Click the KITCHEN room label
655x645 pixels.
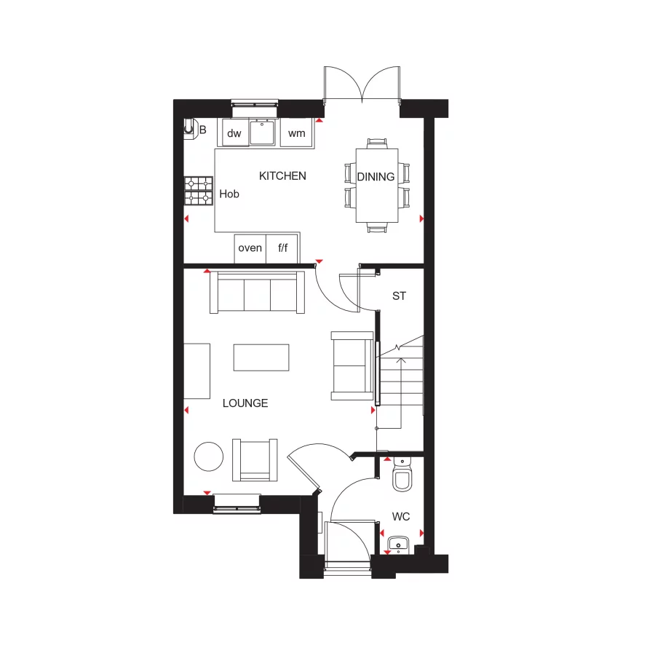[283, 175]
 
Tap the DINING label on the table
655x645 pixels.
[376, 176]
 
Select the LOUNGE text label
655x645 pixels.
[245, 403]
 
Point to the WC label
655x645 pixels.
[401, 517]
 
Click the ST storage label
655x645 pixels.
[399, 296]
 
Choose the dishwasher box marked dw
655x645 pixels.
[234, 133]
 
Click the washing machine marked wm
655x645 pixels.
[296, 133]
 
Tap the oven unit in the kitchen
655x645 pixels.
[250, 248]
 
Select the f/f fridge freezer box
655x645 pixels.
[282, 248]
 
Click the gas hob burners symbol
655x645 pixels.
[197, 191]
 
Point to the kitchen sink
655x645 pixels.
[263, 132]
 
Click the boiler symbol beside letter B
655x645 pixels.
[190, 128]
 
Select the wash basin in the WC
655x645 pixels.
[397, 543]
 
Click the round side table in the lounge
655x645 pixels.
[209, 456]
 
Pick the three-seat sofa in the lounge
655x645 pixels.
[257, 293]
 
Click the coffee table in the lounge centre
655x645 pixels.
[261, 357]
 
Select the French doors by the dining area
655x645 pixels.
[362, 84]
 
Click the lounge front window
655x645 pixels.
[237, 504]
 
